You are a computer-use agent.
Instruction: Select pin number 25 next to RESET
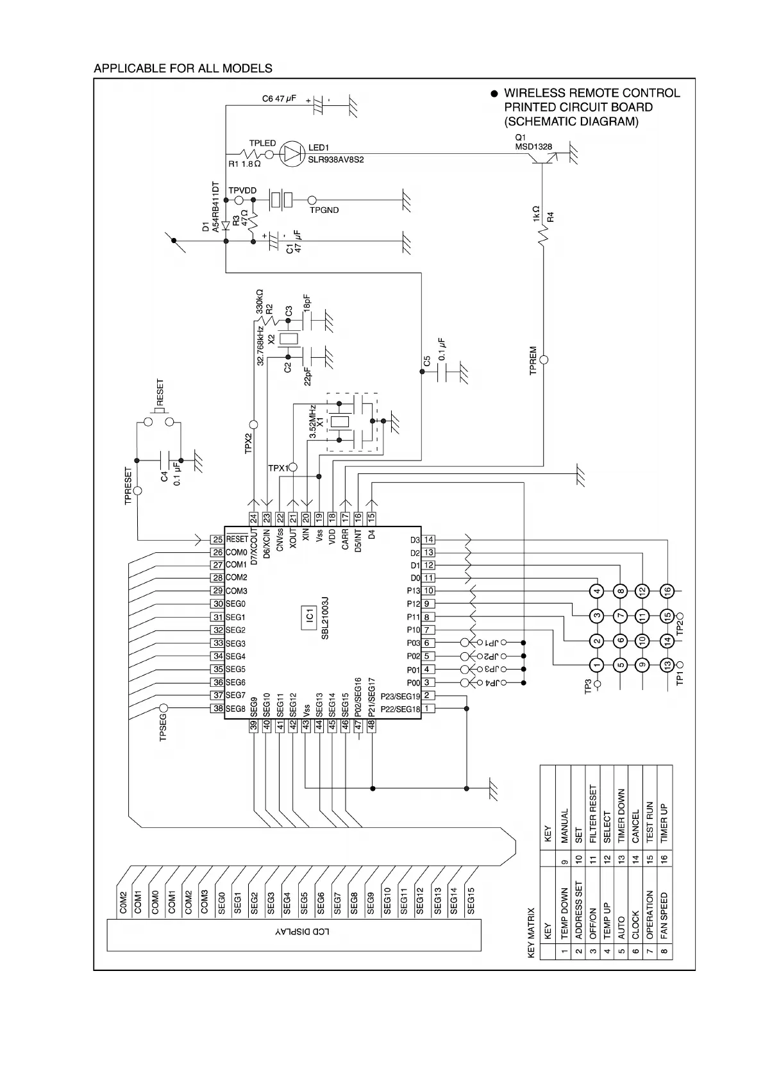click(217, 540)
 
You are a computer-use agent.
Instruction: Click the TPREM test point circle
click(544, 360)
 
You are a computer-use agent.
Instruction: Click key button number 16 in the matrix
click(667, 591)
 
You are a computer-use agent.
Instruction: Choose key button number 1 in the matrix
click(597, 666)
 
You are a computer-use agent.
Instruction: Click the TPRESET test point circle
click(137, 491)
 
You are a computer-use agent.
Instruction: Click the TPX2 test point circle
click(253, 425)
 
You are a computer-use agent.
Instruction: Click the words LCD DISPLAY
click(303, 931)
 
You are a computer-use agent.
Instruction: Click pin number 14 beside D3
click(429, 540)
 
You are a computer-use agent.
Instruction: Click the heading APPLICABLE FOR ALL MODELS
click(183, 69)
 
